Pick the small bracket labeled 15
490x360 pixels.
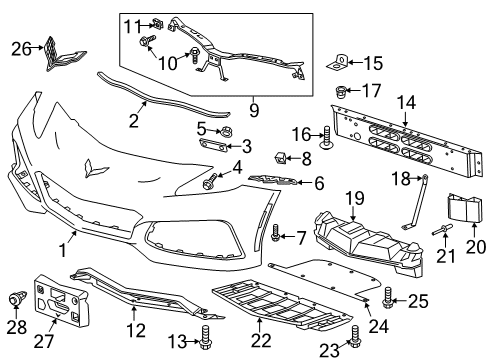(337, 64)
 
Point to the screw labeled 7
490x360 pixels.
(275, 233)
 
